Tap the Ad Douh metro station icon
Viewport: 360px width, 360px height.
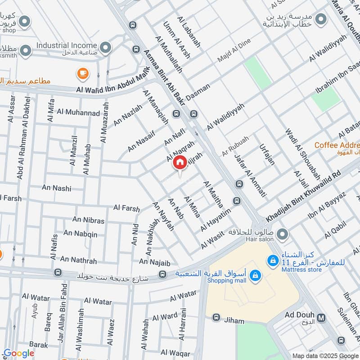pos(321,318)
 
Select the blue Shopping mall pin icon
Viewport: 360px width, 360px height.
pos(255,275)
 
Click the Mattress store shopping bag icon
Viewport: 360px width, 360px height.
pos(272,260)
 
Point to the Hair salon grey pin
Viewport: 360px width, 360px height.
pos(282,234)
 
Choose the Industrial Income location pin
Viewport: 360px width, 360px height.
pos(105,46)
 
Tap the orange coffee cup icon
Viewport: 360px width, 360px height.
pos(82,73)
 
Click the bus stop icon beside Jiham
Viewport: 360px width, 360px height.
pos(216,318)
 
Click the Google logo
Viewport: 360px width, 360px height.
pos(19,353)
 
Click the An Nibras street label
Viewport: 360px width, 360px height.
pos(88,220)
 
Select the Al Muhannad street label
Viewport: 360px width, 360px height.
pos(78,112)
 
